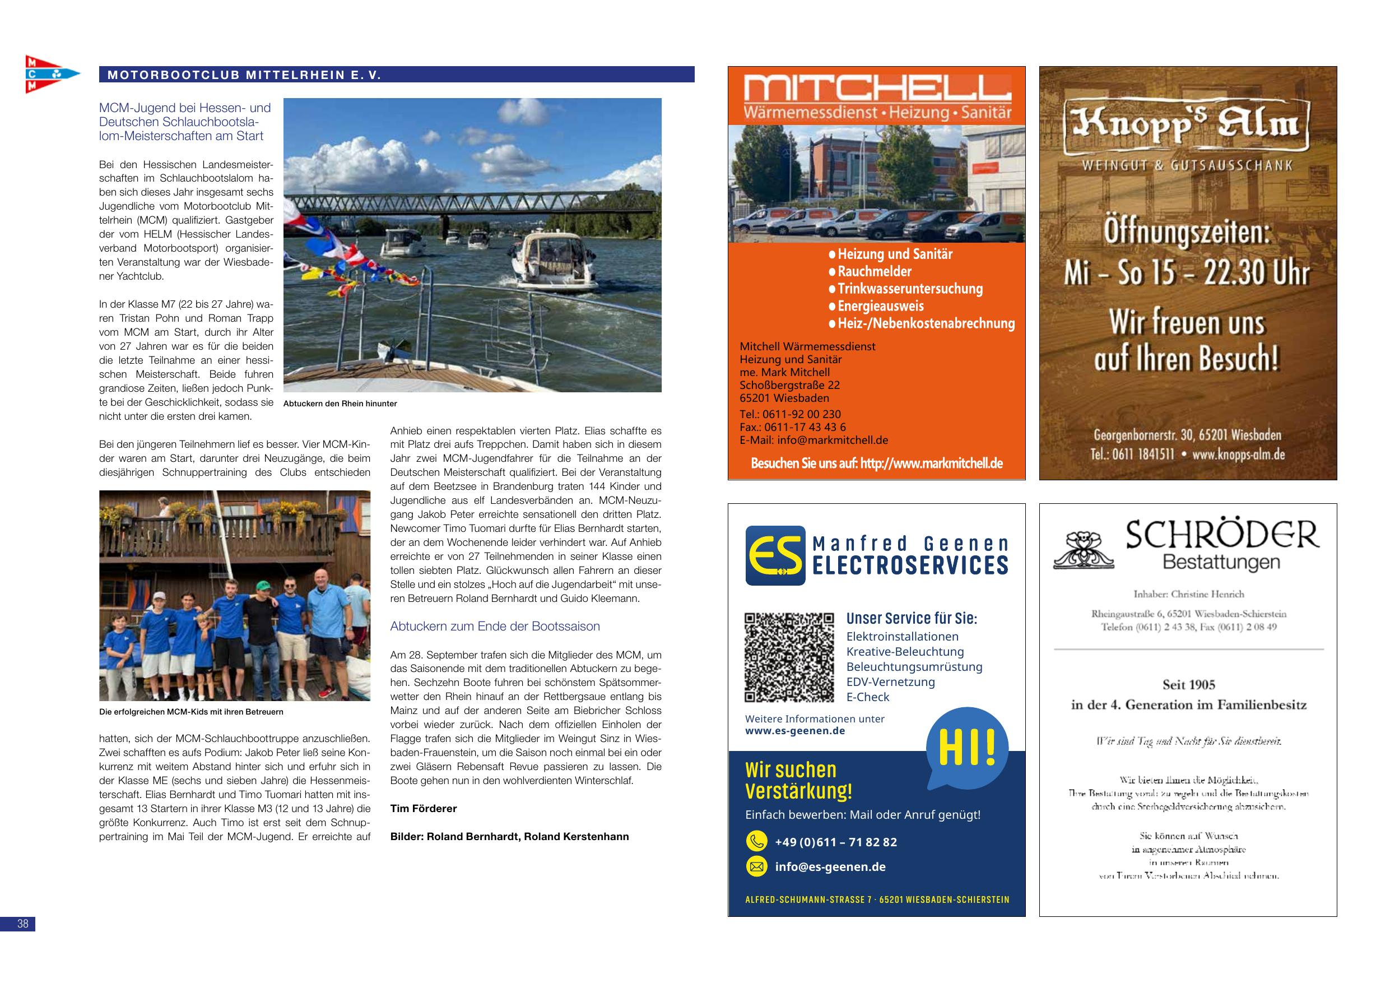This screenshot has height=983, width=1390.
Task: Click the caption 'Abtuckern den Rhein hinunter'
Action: click(340, 404)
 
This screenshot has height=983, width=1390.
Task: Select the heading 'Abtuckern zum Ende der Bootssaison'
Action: click(495, 626)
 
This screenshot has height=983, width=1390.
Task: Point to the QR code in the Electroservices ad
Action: click(789, 658)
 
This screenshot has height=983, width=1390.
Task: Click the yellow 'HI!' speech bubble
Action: click(967, 749)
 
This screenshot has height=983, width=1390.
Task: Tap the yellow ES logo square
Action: click(775, 555)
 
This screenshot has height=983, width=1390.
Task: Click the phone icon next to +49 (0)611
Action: click(756, 842)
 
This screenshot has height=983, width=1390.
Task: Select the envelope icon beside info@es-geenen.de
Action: click(756, 867)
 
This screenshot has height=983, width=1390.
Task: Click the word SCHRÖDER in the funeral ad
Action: click(1221, 535)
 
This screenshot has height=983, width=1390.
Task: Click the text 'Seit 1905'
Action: click(1188, 684)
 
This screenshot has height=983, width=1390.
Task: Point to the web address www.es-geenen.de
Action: click(795, 730)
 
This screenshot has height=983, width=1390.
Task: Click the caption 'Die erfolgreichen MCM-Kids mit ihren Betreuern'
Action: click(191, 712)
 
